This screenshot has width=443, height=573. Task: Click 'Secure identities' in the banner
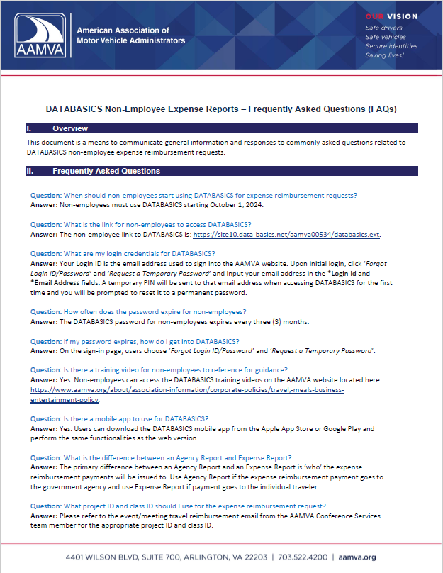click(x=392, y=46)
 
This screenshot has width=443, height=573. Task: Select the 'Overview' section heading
click(x=70, y=128)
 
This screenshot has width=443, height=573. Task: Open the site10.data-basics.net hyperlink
click(x=287, y=234)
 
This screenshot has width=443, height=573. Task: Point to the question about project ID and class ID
click(x=178, y=505)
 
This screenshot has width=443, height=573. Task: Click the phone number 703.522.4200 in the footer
click(x=323, y=557)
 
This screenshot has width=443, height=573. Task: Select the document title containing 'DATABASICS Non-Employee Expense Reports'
click(x=221, y=109)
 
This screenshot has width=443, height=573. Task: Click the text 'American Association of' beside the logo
click(x=122, y=31)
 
